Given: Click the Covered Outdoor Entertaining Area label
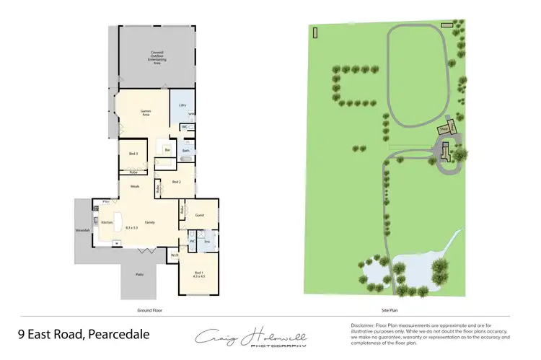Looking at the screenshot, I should [157, 56].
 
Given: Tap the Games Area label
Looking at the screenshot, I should [145, 112].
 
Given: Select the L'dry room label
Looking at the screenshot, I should [182, 105].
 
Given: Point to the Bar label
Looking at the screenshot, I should [167, 149].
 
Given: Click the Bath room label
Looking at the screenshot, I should [185, 151].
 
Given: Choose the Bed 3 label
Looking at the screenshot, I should [133, 154].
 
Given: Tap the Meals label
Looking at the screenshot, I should [135, 186].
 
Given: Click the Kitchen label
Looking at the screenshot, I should [105, 222].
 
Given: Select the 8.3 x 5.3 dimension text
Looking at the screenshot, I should [131, 228].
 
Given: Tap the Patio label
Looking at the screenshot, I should [138, 274].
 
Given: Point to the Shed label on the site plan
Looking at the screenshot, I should [444, 130].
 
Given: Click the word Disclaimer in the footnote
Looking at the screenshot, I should [362, 325].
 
